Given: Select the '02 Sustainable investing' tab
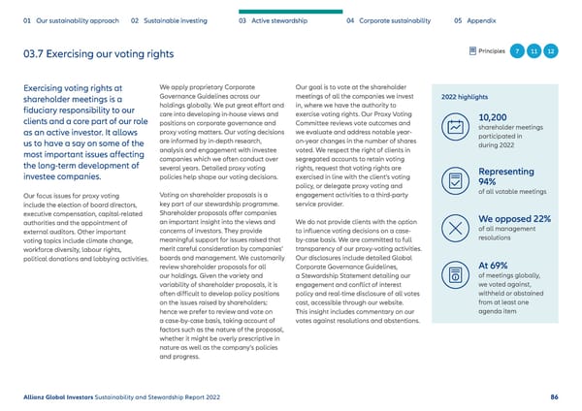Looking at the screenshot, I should pyautogui.click(x=172, y=18).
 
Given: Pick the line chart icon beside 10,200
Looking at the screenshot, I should pyautogui.click(x=454, y=127).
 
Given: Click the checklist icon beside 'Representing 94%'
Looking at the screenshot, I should pyautogui.click(x=454, y=180).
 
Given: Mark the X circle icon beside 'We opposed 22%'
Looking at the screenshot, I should pyautogui.click(x=454, y=227).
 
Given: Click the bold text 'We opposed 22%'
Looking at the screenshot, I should pyautogui.click(x=515, y=218).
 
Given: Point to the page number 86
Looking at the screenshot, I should pyautogui.click(x=554, y=395).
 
